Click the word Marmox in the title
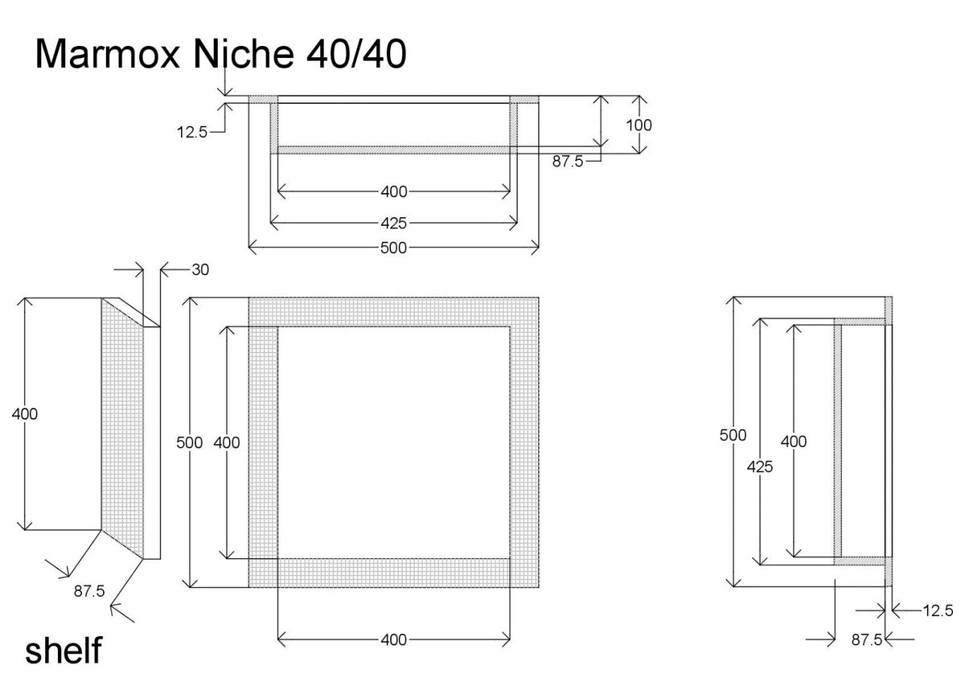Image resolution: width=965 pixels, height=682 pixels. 107,54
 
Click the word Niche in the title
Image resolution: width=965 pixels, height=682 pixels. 244,54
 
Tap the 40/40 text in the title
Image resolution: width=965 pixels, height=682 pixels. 356,54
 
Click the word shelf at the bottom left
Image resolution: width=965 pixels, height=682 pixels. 64,650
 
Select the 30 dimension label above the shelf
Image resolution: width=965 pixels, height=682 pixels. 200,269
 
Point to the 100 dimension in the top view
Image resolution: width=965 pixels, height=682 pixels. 639,125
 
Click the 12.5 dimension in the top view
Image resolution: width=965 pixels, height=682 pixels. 192,132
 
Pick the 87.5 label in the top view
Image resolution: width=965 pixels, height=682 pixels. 568,161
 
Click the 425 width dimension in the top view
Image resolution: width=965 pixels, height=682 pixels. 394,223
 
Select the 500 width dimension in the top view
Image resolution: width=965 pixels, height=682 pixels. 394,248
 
